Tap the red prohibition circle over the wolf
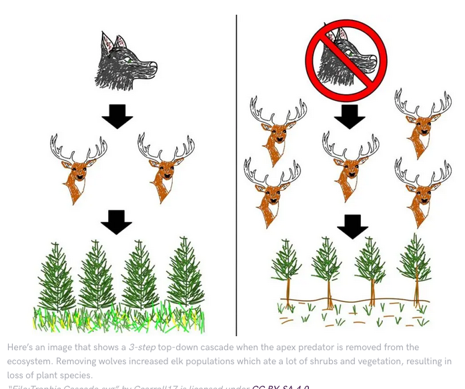[346, 56]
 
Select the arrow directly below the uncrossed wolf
[117, 116]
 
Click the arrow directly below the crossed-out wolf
[350, 116]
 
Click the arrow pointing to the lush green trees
[116, 222]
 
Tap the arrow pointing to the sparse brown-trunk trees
[352, 227]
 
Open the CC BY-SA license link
[280, 387]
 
